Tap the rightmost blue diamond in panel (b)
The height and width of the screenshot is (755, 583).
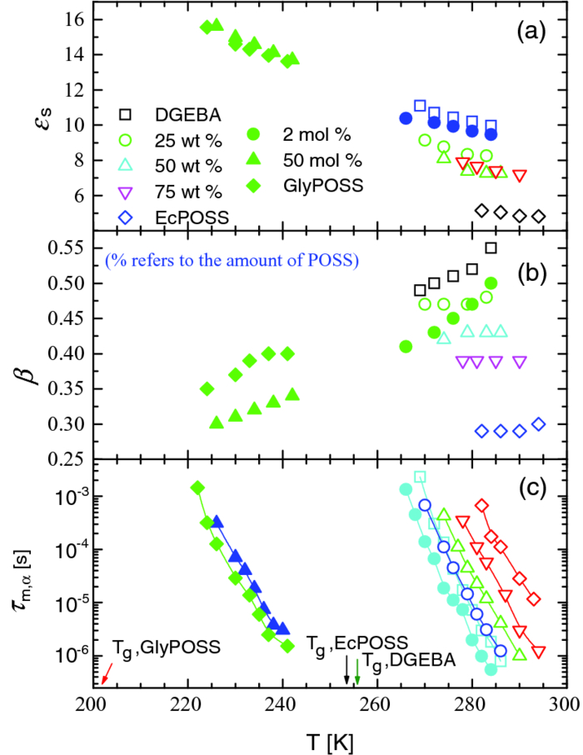click(x=539, y=424)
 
